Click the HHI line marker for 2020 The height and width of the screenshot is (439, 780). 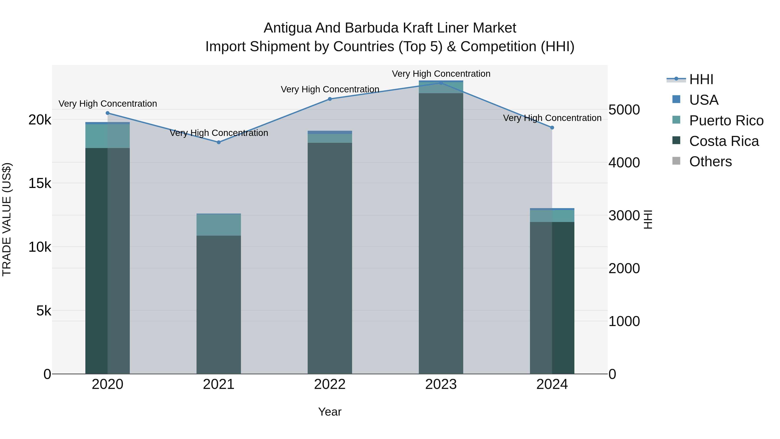click(107, 113)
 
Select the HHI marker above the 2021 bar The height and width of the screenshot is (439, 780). click(219, 142)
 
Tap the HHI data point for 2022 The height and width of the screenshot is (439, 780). click(330, 99)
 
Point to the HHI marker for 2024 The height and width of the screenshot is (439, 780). click(552, 127)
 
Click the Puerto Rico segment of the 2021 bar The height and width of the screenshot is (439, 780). click(219, 225)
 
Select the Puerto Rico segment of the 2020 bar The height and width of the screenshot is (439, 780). click(107, 136)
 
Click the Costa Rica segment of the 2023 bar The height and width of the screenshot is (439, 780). click(441, 233)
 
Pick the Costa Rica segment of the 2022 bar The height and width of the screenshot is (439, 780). click(330, 258)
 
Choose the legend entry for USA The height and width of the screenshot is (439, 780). click(703, 100)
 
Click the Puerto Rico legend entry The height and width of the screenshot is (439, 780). click(726, 120)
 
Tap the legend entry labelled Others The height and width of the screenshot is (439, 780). click(710, 162)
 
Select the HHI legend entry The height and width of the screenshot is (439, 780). click(701, 79)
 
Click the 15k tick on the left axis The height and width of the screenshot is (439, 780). click(40, 183)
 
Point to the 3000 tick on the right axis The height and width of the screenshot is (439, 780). click(624, 215)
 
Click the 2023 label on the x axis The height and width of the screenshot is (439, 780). click(441, 384)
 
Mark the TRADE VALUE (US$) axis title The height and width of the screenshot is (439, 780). click(7, 219)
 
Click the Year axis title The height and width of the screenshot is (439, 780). click(330, 412)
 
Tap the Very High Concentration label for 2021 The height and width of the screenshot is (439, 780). click(219, 133)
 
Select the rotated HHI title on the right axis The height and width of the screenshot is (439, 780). click(648, 219)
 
